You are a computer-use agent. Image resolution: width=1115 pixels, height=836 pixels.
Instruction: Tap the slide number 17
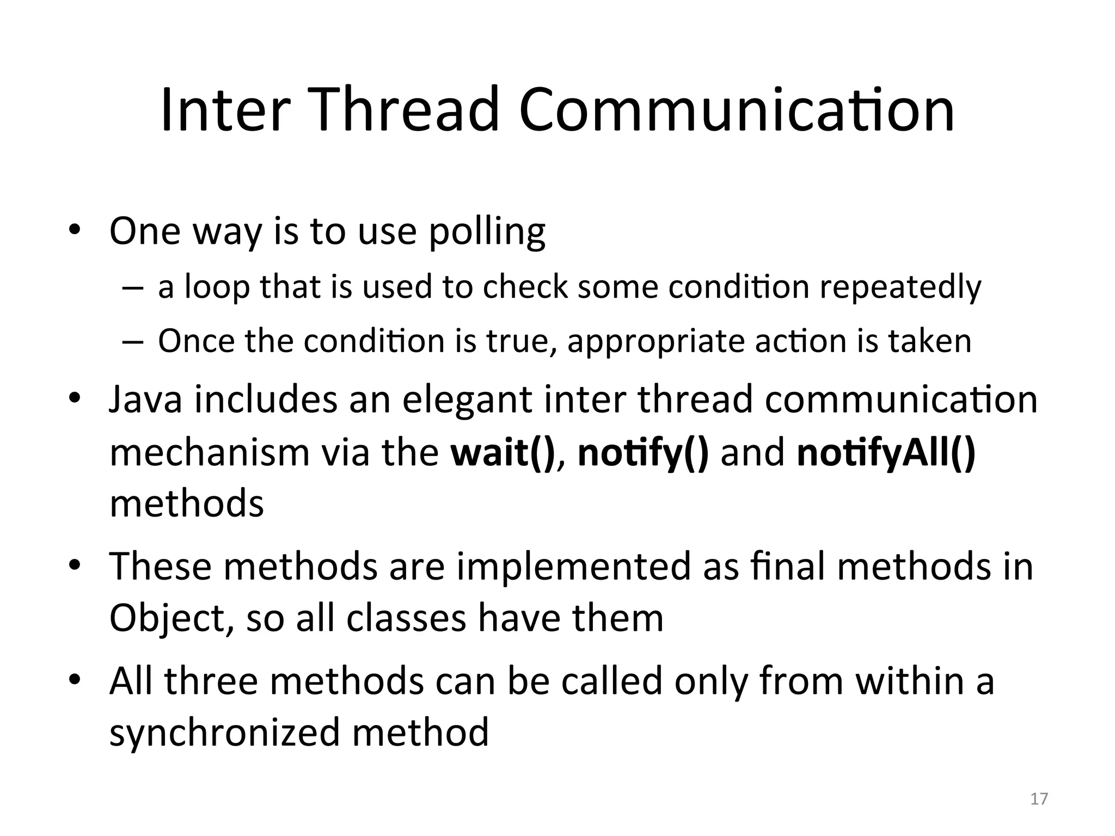(x=1039, y=798)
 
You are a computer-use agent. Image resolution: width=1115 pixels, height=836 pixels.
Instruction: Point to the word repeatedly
(x=900, y=287)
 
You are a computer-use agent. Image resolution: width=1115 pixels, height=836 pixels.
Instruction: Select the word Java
(x=145, y=399)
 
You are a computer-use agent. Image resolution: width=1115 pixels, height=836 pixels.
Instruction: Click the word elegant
(x=467, y=399)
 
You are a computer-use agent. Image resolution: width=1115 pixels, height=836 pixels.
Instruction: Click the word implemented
(x=574, y=566)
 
